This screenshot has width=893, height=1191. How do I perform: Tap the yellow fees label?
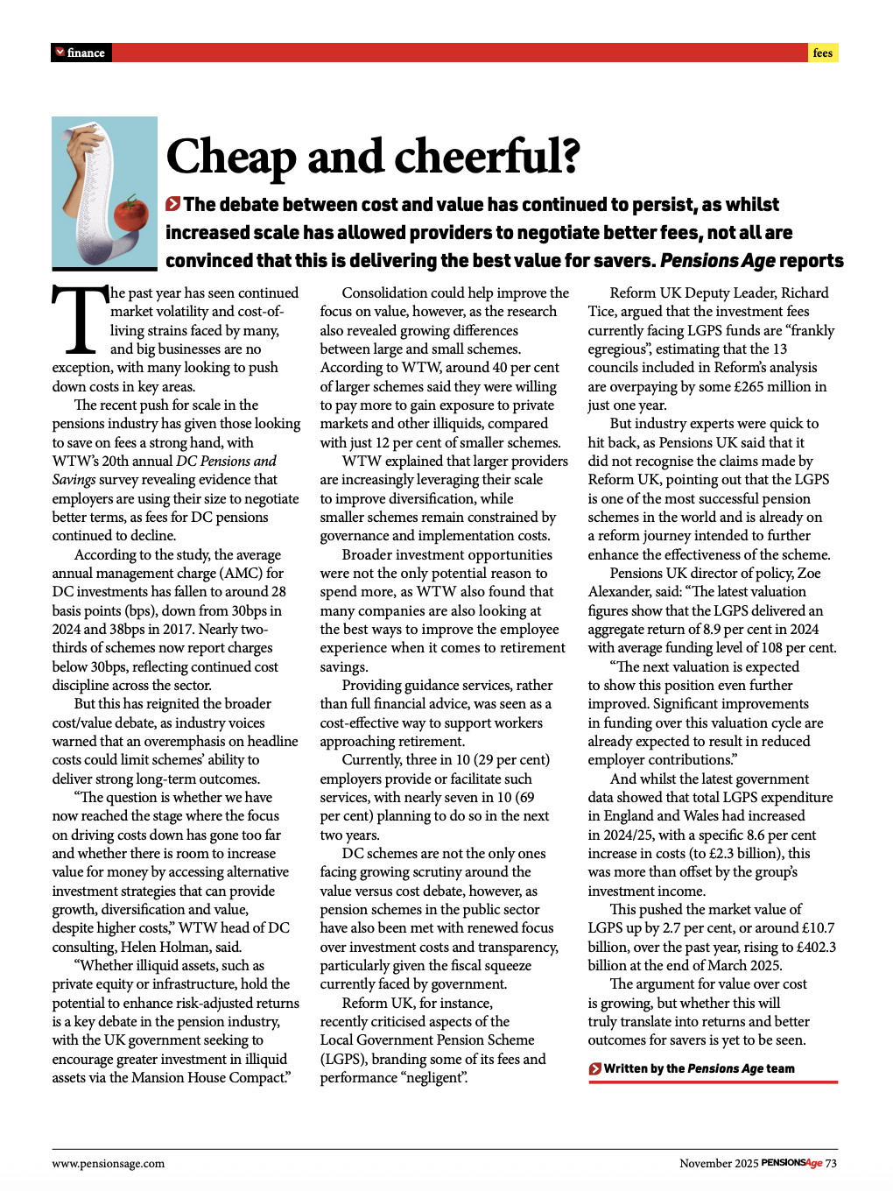pyautogui.click(x=822, y=53)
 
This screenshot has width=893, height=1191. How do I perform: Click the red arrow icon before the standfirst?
pyautogui.click(x=173, y=204)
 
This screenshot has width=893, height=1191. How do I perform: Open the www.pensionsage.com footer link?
pyautogui.click(x=108, y=1163)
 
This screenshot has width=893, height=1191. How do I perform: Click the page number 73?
pyautogui.click(x=831, y=1163)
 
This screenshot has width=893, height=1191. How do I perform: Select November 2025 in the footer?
pyautogui.click(x=718, y=1163)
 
